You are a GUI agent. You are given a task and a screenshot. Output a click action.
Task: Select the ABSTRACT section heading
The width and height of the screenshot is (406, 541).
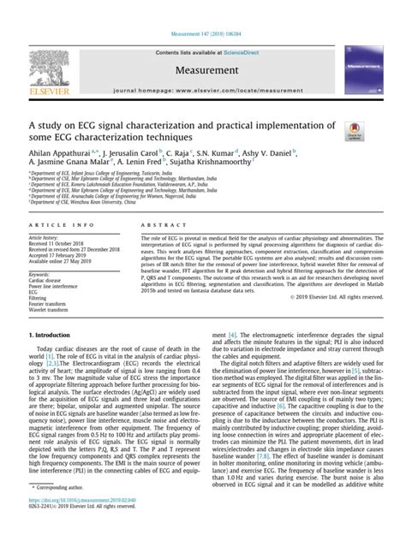pos(146,223)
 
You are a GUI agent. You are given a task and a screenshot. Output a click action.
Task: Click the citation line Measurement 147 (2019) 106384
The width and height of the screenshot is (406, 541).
pos(203,33)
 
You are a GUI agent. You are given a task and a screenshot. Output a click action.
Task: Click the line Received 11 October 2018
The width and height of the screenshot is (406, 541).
pos(59,243)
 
